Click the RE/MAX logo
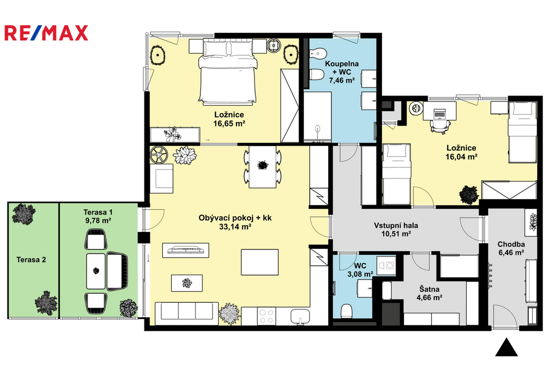(x=46, y=33)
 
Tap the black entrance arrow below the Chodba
(x=506, y=347)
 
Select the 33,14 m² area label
(x=235, y=227)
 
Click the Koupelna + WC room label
(x=342, y=72)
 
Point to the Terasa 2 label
(x=31, y=260)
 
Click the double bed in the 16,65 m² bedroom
(x=227, y=71)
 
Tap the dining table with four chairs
(x=262, y=167)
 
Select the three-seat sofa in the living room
(x=186, y=311)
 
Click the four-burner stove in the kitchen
(x=266, y=316)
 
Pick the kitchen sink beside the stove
(x=300, y=316)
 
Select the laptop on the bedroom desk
(x=439, y=113)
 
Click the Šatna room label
(x=429, y=289)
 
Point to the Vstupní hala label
(x=396, y=225)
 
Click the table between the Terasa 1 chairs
(x=96, y=272)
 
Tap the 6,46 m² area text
(x=511, y=253)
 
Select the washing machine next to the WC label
(x=386, y=265)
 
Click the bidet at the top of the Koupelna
(x=318, y=54)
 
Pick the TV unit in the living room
(x=185, y=250)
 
